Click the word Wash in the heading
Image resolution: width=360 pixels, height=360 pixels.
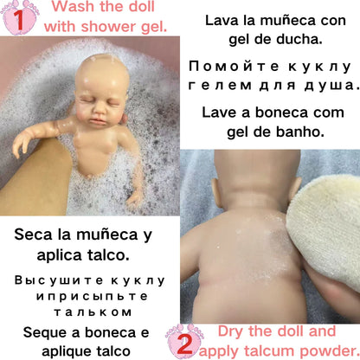tap(74, 9)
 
